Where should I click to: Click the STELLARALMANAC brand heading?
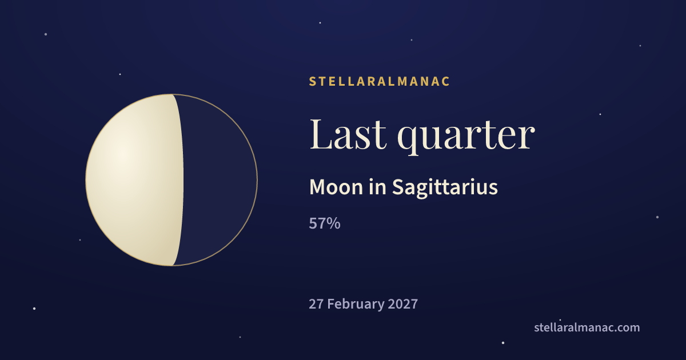(x=379, y=81)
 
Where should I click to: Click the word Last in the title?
(x=348, y=134)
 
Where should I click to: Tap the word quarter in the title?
(x=466, y=137)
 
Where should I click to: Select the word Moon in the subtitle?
(x=336, y=187)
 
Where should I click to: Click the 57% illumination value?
(x=325, y=223)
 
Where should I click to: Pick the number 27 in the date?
(x=316, y=304)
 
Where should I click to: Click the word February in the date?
(x=355, y=305)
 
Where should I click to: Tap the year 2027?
(x=402, y=304)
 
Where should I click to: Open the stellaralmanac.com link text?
(x=587, y=327)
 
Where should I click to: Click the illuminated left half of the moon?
(x=135, y=180)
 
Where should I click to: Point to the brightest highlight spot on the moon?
(x=122, y=153)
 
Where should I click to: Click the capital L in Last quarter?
(x=321, y=135)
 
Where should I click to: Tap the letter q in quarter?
(x=409, y=141)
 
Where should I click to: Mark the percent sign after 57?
(x=333, y=223)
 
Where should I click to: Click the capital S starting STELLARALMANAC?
(x=312, y=81)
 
